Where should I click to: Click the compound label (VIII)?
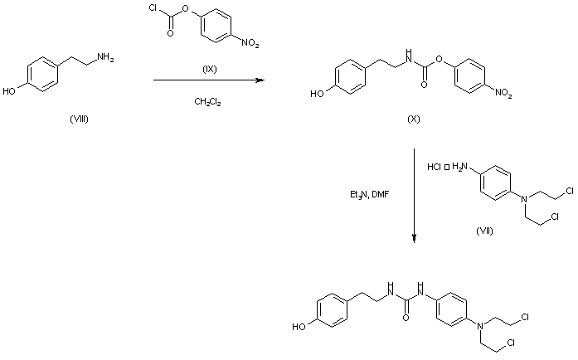tap(80, 119)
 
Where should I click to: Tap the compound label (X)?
tap(413, 119)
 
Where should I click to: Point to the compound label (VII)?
tap(484, 230)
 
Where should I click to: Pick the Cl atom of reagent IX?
tap(146, 12)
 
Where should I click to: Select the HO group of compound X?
tap(318, 95)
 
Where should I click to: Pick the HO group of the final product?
tap(299, 327)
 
